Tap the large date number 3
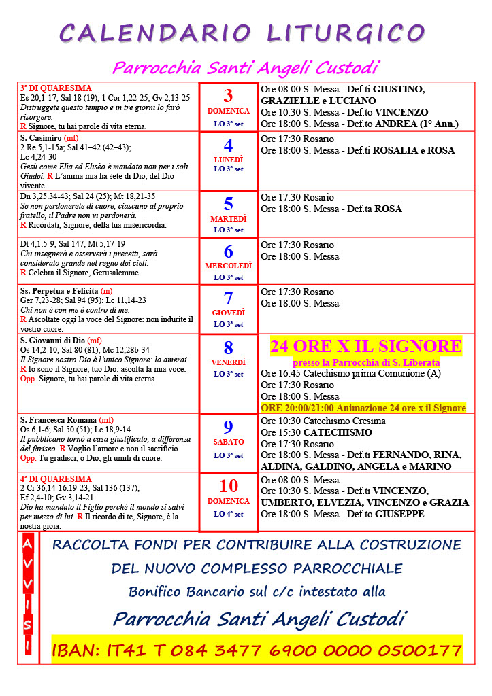228,96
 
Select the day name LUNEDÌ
228,159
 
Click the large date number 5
228,203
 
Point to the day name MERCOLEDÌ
228,266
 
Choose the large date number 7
228,298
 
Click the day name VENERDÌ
228,362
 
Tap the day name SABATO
228,442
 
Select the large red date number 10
228,486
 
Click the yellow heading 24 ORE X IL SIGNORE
366,346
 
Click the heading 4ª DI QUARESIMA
56,478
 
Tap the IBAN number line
257,650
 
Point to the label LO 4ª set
228,514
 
